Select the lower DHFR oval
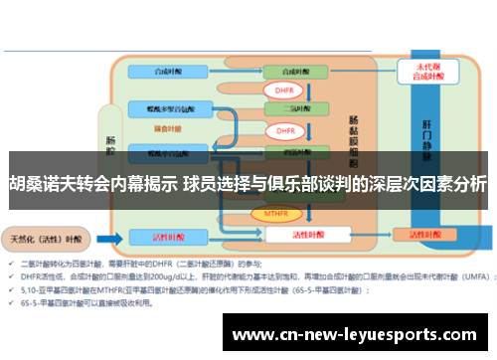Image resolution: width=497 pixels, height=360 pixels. coord(284,131)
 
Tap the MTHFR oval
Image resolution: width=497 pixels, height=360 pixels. coord(277,213)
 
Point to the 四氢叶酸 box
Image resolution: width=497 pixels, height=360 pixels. coord(293,152)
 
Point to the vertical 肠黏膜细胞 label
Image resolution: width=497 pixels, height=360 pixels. coord(355,139)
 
